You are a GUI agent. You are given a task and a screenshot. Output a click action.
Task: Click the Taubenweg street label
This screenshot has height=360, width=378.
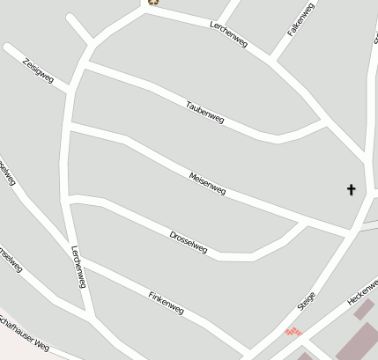click(204, 113)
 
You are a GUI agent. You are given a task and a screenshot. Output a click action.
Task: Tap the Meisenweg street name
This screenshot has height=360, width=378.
click(208, 184)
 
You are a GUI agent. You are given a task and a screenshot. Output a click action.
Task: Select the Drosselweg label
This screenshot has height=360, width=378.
click(188, 242)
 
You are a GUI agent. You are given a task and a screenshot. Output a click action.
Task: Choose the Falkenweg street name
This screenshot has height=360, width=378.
click(300, 19)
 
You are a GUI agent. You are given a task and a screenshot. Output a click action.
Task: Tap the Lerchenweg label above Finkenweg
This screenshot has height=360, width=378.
click(78, 266)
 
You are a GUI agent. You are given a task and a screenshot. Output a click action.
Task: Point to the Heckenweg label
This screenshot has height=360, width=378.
click(363, 290)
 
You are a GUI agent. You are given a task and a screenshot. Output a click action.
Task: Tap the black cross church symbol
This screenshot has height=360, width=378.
click(352, 189)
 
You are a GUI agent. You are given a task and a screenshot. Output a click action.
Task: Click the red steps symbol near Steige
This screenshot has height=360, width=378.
click(294, 331)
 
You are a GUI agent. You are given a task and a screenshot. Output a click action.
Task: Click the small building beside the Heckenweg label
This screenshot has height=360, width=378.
click(363, 310)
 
